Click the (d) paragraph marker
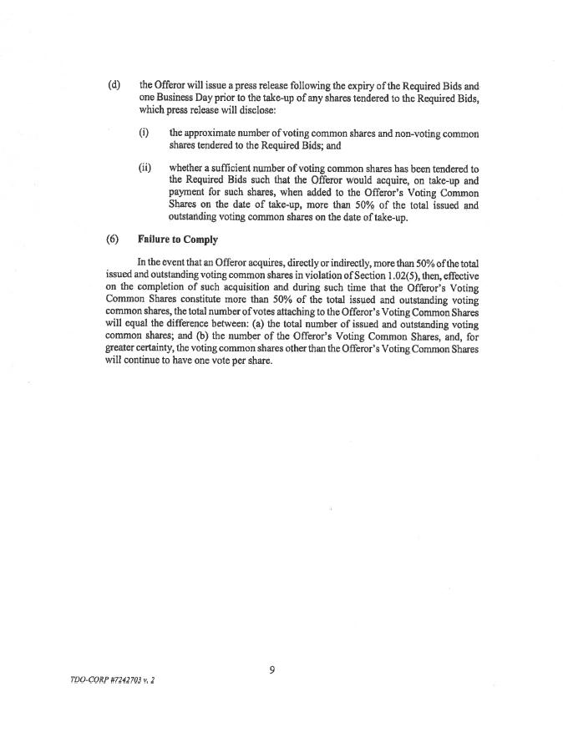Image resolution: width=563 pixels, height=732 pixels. pos(114,85)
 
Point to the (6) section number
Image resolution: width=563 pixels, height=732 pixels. pos(114,240)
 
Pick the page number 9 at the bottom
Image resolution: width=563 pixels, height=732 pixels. pos(273,669)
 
